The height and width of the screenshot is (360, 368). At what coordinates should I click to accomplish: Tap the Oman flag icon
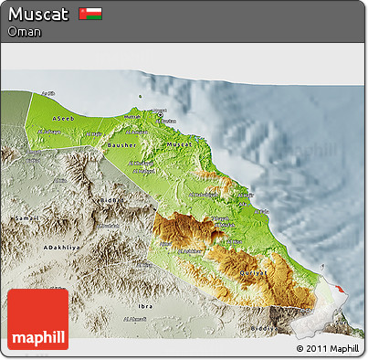[90, 14]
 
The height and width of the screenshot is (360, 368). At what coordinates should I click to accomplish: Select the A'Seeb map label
[63, 120]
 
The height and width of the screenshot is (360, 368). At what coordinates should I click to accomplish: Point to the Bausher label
[121, 144]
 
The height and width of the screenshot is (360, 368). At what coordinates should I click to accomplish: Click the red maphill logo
[37, 319]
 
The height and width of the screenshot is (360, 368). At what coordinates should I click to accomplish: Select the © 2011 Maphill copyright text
[327, 348]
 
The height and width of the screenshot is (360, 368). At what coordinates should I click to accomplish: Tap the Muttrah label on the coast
[132, 116]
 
